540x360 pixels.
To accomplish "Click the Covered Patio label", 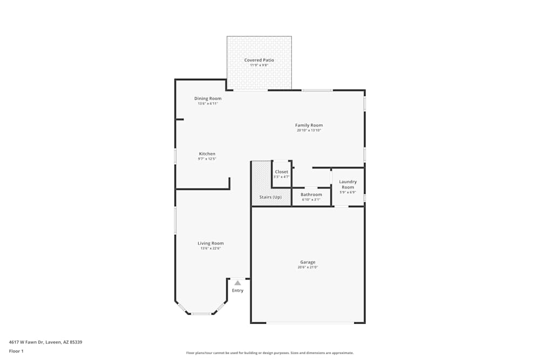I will click(x=259, y=60).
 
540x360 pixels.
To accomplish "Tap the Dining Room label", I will click(x=208, y=98).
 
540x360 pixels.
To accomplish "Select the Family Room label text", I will click(x=309, y=125).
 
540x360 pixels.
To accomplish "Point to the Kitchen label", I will click(x=207, y=154).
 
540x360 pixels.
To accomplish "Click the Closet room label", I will click(x=281, y=172).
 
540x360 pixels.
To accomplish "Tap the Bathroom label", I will click(x=311, y=194).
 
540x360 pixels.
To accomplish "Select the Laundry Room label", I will click(x=348, y=185).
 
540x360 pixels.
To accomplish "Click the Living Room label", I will click(x=211, y=243).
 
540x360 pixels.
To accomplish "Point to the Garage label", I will click(x=308, y=262).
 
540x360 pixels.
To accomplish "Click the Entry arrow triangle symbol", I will click(x=238, y=282).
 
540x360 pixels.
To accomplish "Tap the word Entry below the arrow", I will click(x=238, y=290).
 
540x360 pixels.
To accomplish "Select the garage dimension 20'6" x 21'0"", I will click(x=308, y=267).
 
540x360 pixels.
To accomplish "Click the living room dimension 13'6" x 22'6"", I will click(x=211, y=248).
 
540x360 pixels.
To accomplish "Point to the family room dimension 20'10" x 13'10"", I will click(x=309, y=130).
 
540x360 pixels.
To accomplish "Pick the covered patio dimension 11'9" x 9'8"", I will click(x=259, y=65).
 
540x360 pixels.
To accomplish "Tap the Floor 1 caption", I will click(x=16, y=351).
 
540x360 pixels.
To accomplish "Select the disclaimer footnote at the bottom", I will click(x=270, y=352).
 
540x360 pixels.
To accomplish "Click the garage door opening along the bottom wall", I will click(x=310, y=323).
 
